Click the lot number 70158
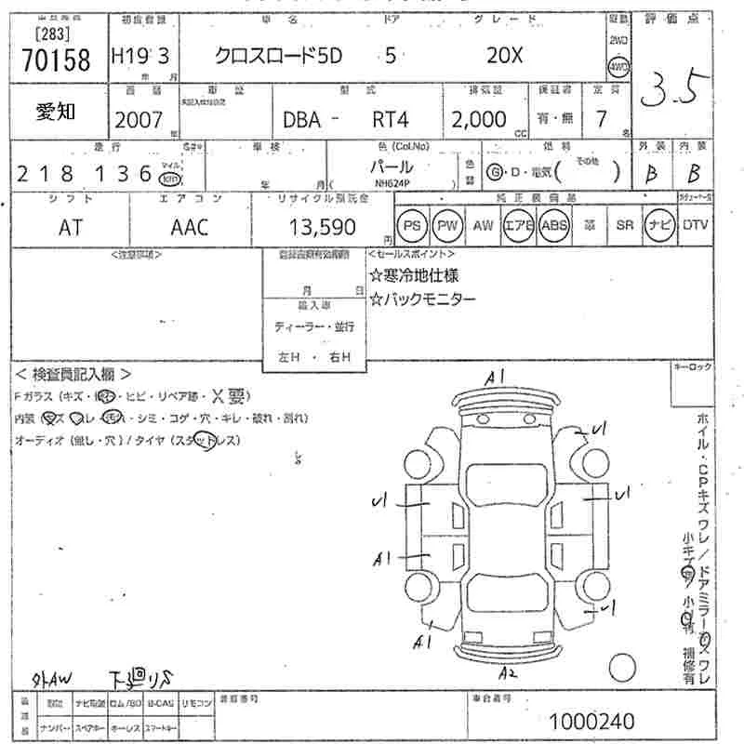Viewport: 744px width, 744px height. coord(56,61)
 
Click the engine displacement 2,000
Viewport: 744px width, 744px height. coord(479,119)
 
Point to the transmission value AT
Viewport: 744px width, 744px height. coord(70,227)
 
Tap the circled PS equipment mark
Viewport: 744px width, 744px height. coord(412,225)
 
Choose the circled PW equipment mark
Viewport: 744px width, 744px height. coord(448,225)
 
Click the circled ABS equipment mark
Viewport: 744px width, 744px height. coord(554,225)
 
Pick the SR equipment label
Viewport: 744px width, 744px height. coord(624,225)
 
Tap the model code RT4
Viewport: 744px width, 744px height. coord(390,119)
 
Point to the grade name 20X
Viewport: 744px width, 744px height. coord(505,56)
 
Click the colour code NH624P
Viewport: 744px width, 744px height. coord(394,184)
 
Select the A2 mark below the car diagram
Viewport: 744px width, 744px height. coord(508,672)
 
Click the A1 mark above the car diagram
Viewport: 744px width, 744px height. coord(494,377)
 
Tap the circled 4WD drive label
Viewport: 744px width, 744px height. coord(618,67)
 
